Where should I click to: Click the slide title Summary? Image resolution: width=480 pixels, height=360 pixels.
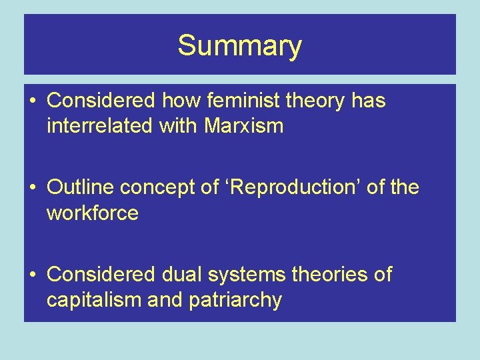click(240, 46)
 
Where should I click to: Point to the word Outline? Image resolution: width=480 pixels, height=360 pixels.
click(81, 188)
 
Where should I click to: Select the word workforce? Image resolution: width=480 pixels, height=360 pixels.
click(92, 213)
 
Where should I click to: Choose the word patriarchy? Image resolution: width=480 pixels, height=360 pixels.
click(238, 300)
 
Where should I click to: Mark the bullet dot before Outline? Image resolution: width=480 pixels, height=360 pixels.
click(33, 189)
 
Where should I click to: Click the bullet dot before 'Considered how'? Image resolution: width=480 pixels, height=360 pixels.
click(33, 101)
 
